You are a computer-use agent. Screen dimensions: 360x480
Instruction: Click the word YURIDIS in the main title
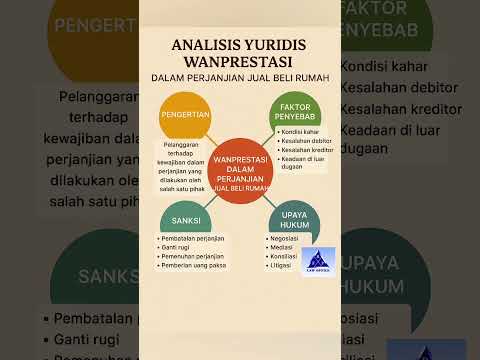tap(284, 44)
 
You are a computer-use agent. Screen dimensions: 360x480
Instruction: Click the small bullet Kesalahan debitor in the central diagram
tap(306, 141)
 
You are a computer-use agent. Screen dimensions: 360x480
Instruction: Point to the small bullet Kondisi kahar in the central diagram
tap(300, 132)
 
